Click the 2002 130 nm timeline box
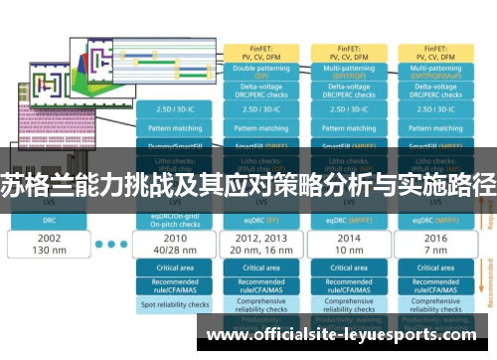[x=49, y=244]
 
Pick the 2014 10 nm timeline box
[x=347, y=244]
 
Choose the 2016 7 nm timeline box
[x=435, y=244]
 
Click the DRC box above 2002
[x=49, y=219]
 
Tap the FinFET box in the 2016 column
[x=435, y=51]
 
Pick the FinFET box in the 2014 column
[x=347, y=51]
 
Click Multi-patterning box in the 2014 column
[x=347, y=73]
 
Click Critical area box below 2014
[x=347, y=268]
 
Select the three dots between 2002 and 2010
[x=113, y=244]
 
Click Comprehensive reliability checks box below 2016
[x=435, y=306]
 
